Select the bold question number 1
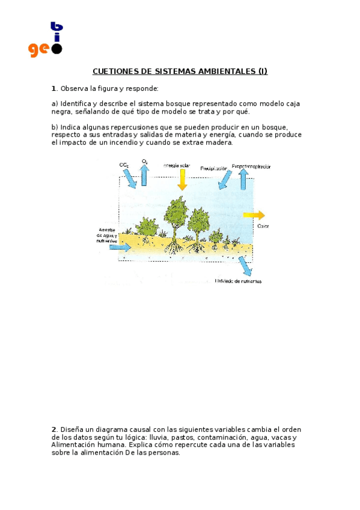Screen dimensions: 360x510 [53, 88]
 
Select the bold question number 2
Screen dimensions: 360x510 [53, 429]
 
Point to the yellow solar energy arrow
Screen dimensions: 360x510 [182, 179]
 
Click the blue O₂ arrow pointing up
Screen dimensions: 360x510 [145, 175]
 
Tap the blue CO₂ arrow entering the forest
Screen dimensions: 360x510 [130, 177]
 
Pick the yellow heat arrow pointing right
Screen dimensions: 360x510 [254, 215]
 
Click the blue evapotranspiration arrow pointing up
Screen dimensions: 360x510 [243, 179]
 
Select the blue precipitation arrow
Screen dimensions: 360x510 [225, 179]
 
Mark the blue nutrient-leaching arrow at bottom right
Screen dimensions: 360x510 [244, 265]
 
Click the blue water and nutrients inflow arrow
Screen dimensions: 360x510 [120, 247]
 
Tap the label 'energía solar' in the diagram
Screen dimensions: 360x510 [176, 165]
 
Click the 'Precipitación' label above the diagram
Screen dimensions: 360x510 [213, 168]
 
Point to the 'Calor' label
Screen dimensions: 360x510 [263, 226]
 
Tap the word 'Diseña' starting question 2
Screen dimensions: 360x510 [71, 429]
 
